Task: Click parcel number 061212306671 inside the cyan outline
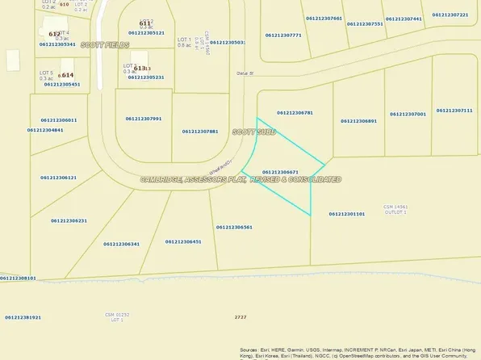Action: coord(281,172)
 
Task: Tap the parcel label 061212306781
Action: coord(295,113)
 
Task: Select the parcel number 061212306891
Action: coord(359,120)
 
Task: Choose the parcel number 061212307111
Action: coord(454,110)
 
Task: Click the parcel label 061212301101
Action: coord(347,214)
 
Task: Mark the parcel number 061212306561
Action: coord(234,227)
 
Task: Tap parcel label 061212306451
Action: coord(183,241)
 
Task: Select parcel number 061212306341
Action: coord(122,244)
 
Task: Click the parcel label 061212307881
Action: coord(200,131)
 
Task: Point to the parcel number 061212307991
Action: coord(144,119)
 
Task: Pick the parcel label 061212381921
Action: coord(23,317)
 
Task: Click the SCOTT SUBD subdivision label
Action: coord(254,131)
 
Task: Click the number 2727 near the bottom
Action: coord(240,317)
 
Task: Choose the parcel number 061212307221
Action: coord(450,15)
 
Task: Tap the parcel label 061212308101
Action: coord(19,278)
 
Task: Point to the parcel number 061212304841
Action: coord(45,129)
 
